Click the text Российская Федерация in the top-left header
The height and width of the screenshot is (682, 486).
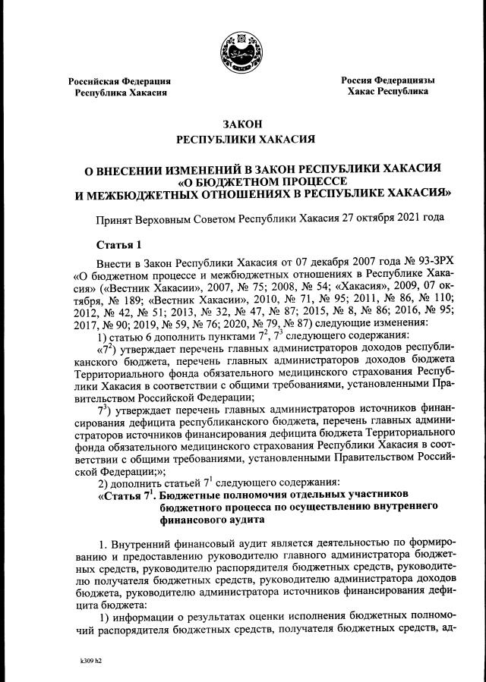pos(119,81)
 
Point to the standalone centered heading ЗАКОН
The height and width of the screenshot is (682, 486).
pos(242,124)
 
